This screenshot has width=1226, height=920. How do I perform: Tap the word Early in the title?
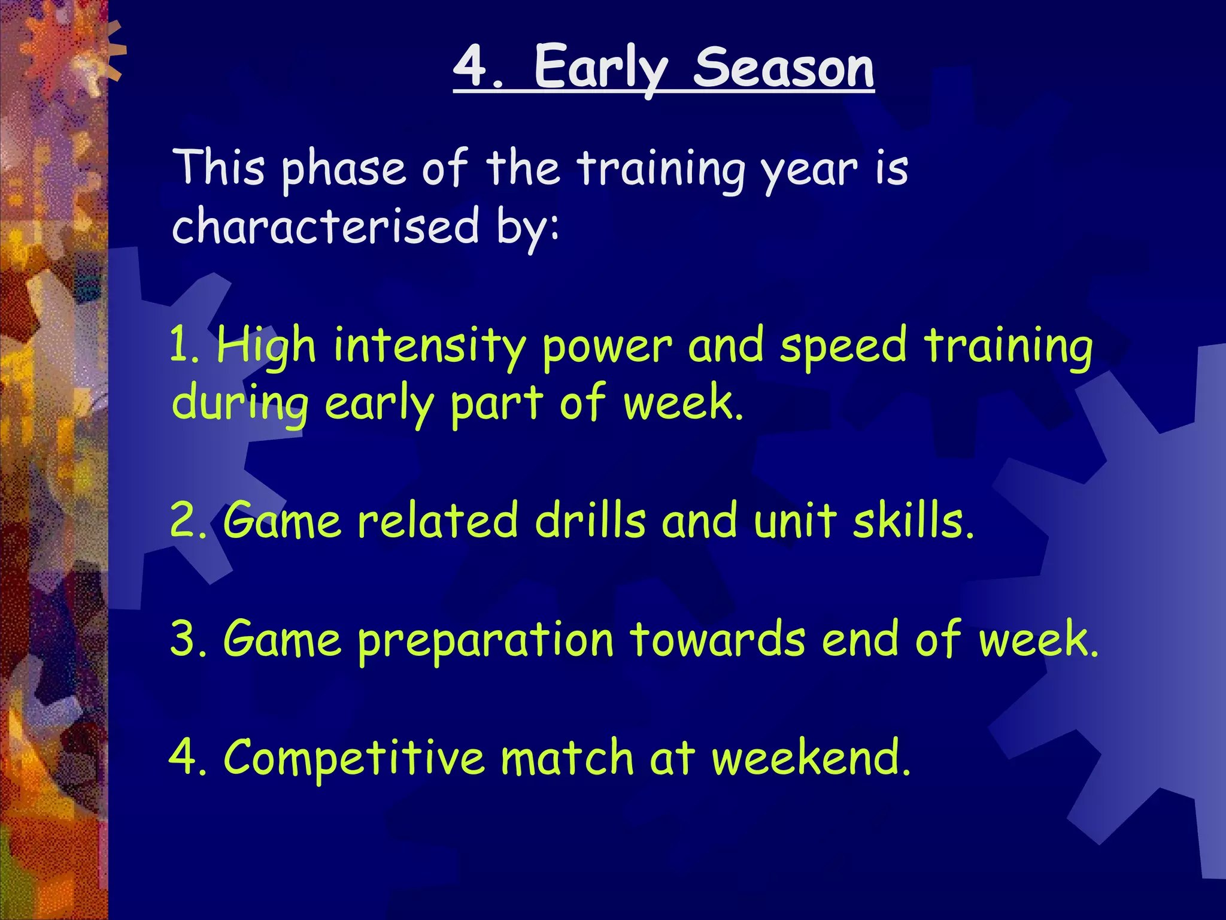(x=600, y=69)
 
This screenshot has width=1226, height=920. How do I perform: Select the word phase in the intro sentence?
(x=344, y=170)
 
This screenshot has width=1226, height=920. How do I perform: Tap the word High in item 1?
(x=266, y=347)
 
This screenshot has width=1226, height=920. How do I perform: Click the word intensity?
(x=429, y=347)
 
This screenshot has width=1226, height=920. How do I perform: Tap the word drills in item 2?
(x=590, y=520)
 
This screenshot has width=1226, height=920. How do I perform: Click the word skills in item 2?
(x=912, y=520)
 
